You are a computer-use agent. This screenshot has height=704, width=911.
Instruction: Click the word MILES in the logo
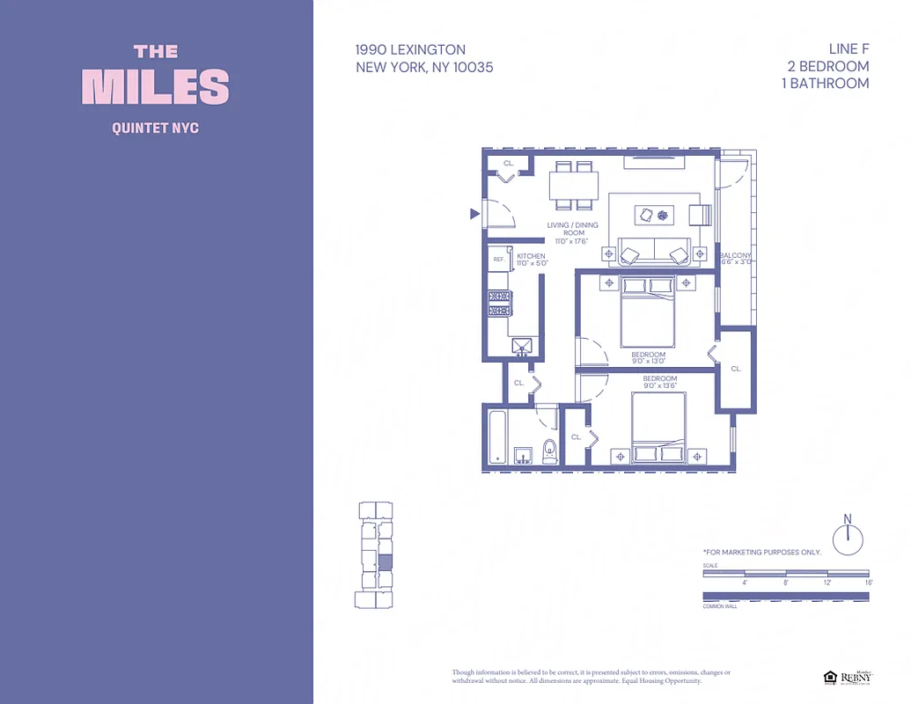(x=156, y=87)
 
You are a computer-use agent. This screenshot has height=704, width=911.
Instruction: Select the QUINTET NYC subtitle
(x=156, y=128)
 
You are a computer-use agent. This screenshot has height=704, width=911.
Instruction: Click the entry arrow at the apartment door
(x=474, y=214)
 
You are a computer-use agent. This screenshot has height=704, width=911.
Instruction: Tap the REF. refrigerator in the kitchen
(x=498, y=260)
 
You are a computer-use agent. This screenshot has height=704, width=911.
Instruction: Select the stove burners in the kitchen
(x=499, y=303)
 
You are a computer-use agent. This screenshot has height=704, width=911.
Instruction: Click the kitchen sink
(x=522, y=346)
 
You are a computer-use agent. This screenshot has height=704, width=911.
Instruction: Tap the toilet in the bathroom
(x=550, y=451)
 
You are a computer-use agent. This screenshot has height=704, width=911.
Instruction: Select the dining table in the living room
(x=573, y=186)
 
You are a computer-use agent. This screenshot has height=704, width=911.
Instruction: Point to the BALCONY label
(x=736, y=255)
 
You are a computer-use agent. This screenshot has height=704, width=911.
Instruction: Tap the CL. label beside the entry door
(x=509, y=164)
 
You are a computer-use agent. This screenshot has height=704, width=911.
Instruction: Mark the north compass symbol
(x=849, y=537)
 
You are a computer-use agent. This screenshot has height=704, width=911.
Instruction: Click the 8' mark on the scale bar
(x=785, y=582)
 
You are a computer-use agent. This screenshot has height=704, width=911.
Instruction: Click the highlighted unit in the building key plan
(x=385, y=561)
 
